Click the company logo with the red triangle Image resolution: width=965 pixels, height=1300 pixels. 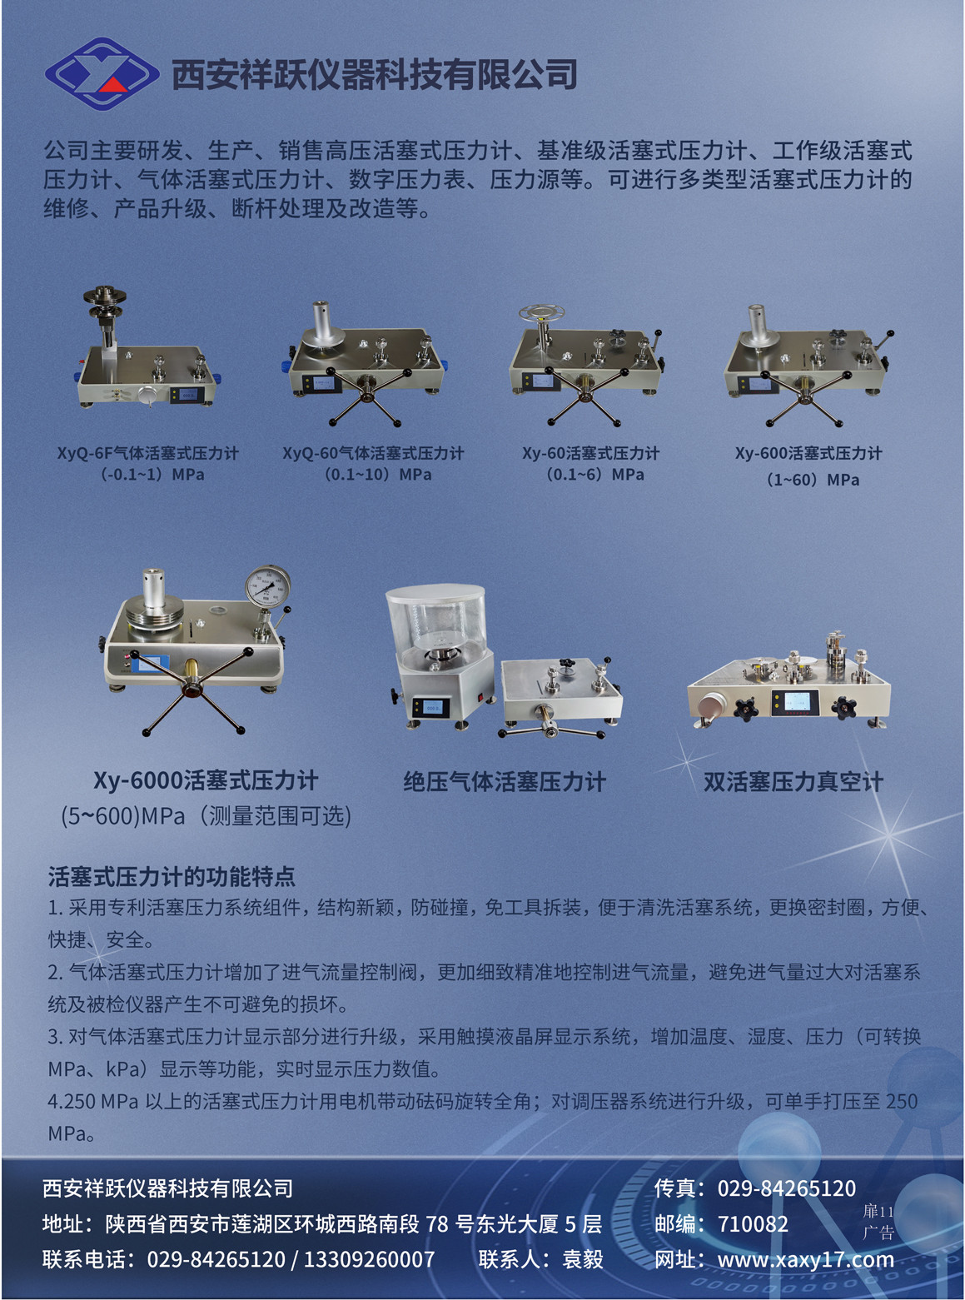pos(102,74)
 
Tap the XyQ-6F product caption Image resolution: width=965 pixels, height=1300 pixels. pos(147,453)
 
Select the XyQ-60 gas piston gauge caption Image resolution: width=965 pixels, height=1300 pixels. pos(373,453)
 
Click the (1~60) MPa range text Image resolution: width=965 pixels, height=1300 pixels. pos(813,480)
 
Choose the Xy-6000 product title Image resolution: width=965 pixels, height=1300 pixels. pos(206,780)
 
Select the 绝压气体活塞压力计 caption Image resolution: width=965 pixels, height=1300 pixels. pos(504,781)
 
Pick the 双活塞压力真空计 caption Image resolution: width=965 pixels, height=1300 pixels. pos(793,781)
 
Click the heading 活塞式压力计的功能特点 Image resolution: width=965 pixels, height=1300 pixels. pos(172,876)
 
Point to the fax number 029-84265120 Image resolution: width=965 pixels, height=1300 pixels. pos(786,1188)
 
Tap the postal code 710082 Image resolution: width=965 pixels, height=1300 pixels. pos(753,1224)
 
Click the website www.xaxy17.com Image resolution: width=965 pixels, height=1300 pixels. pos(806,1259)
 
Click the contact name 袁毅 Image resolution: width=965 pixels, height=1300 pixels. pos(582,1259)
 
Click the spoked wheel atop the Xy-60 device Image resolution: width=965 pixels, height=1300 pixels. pos(541,311)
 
